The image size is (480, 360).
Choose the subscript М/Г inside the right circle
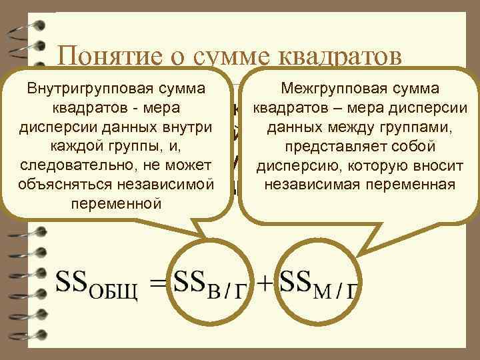click(336, 291)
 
